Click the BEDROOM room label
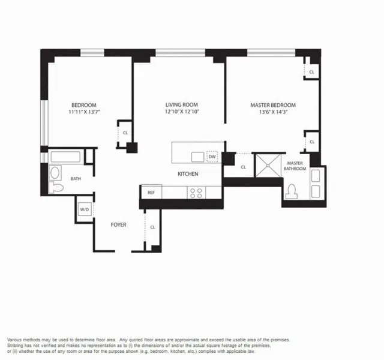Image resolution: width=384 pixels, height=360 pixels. click(x=83, y=105)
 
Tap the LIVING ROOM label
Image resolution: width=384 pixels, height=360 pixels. click(x=182, y=105)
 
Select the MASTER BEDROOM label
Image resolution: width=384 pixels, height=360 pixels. click(x=273, y=105)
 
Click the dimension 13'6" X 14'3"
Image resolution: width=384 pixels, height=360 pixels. click(x=273, y=112)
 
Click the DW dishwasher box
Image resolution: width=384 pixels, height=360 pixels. click(x=212, y=157)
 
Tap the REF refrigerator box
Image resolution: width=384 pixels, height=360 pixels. click(x=151, y=193)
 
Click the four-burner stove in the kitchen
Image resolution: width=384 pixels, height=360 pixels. click(x=196, y=193)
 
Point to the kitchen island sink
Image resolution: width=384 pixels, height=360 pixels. click(x=197, y=157)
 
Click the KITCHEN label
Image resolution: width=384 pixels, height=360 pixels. click(x=188, y=174)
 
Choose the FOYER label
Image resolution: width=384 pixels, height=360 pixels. click(x=118, y=225)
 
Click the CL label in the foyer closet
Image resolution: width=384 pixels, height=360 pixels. click(x=153, y=227)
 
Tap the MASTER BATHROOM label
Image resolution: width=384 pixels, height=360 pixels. click(x=296, y=166)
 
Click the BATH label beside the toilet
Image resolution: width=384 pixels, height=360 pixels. click(x=76, y=179)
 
